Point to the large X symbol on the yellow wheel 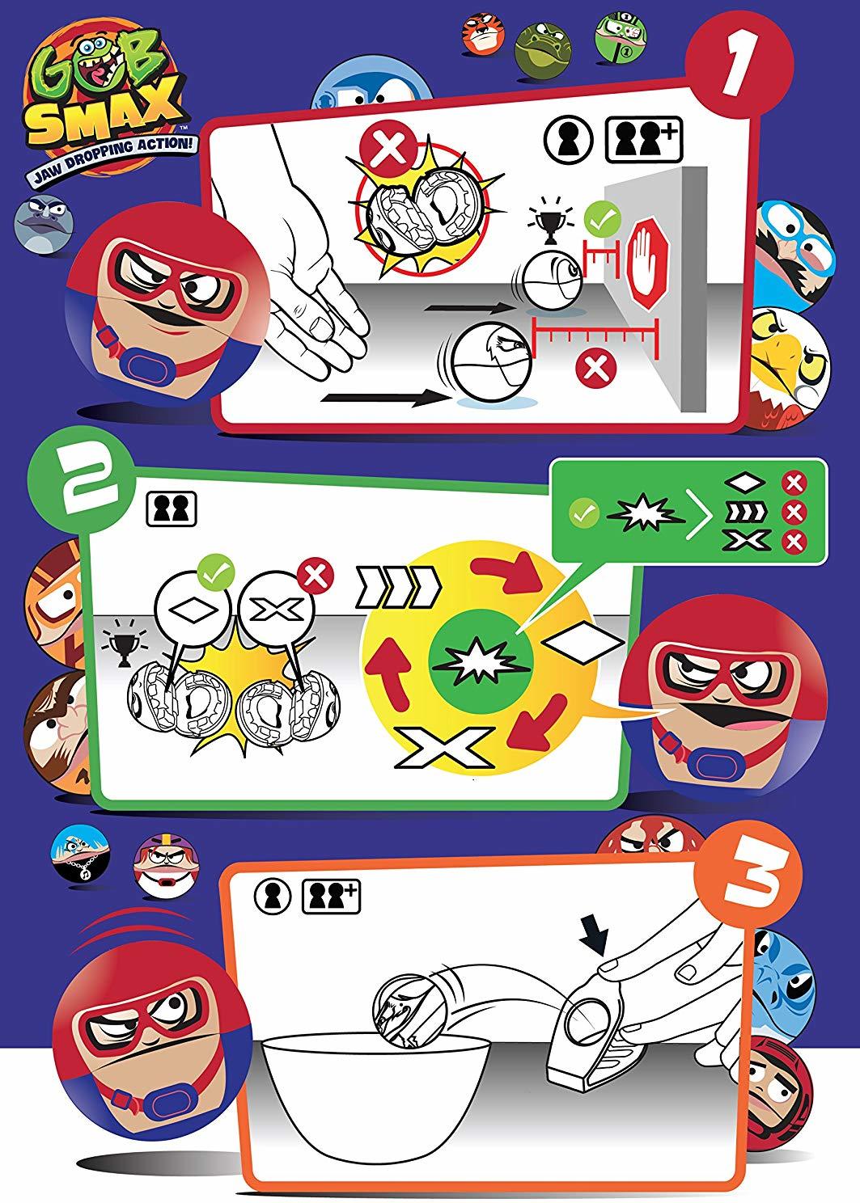(x=445, y=746)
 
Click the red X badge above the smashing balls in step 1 (x=387, y=148)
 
